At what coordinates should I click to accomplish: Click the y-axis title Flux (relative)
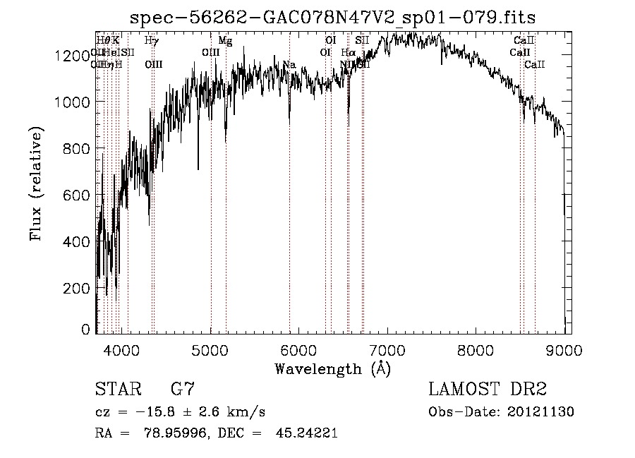36,184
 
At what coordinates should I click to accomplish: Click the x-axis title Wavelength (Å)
332,368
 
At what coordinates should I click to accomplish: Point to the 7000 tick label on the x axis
387,349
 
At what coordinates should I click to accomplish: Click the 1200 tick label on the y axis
72,56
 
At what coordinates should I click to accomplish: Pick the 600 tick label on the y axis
77,195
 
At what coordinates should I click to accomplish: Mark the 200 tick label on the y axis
77,289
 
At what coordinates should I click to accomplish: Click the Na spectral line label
289,65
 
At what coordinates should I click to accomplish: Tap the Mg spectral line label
225,41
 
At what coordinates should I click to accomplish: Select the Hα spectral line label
348,53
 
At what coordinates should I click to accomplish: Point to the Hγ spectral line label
151,41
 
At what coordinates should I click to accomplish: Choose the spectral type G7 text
183,390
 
